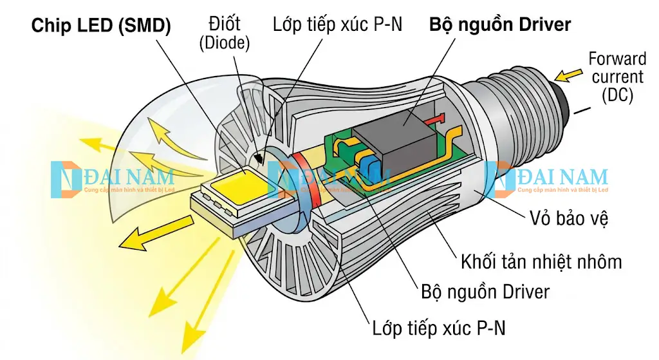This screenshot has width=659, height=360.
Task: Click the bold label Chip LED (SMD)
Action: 101,26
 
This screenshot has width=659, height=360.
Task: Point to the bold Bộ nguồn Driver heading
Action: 500,25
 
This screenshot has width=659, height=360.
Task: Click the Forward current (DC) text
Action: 617,77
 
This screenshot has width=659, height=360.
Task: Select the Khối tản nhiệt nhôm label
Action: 541,262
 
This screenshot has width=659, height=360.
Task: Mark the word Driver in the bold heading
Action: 542,25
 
